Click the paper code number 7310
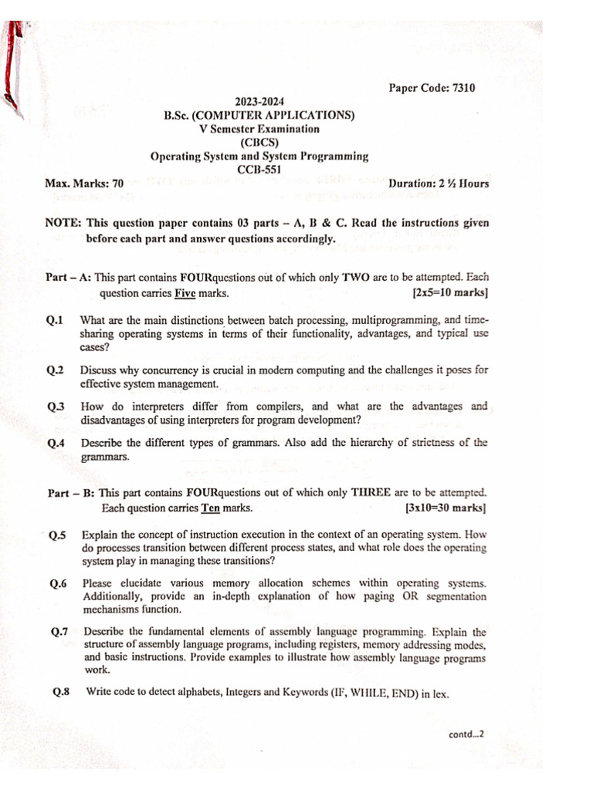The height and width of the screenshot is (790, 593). pos(463,88)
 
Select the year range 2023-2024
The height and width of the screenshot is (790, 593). pos(259,102)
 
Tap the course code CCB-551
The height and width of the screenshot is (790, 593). pos(259,170)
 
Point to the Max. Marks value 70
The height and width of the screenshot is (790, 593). pos(117,184)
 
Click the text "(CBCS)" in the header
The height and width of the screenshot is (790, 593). pos(259,143)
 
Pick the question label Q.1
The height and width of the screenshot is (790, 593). pos(55,320)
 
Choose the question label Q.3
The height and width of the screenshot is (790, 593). pos(55,407)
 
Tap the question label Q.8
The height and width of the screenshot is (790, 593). pos(61,692)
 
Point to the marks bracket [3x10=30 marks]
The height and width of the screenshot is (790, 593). pos(446,508)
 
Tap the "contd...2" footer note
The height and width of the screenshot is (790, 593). pos(466,735)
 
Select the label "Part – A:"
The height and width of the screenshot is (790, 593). pos(68,276)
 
